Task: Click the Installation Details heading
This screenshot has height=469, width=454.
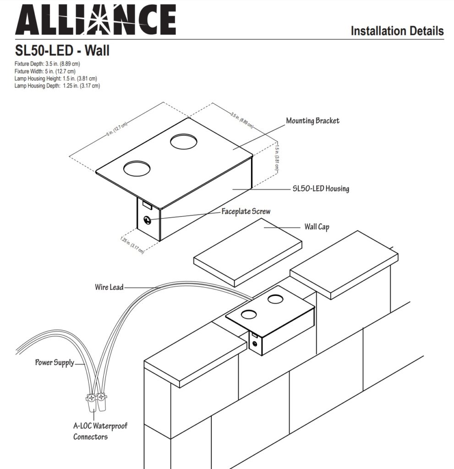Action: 397,31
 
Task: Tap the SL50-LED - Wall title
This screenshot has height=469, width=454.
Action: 62,50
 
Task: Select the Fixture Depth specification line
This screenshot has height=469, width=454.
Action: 47,64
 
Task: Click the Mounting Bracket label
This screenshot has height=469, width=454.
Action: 312,121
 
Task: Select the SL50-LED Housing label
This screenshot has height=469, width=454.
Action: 321,189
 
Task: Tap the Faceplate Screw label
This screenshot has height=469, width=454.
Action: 246,212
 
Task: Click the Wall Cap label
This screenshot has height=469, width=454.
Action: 317,227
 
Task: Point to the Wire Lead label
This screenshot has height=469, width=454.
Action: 109,287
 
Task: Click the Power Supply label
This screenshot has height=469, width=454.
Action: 55,363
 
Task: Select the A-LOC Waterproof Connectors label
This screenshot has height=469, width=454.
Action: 100,431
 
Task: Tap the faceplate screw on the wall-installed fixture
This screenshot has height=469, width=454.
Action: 254,342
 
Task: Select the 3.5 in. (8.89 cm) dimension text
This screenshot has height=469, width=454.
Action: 241,120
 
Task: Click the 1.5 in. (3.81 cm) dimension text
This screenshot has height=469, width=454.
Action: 277,158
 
